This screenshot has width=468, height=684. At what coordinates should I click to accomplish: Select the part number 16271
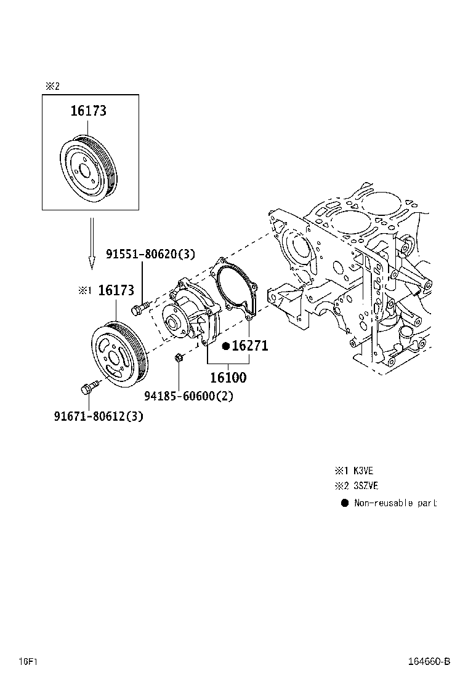[x=249, y=346]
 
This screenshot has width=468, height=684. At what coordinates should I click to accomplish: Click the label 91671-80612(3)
[x=98, y=416]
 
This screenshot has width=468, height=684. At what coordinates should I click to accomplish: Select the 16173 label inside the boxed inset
[x=88, y=111]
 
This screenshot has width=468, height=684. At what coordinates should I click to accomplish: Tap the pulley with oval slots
[x=118, y=354]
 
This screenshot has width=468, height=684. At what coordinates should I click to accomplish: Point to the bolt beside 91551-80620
[x=140, y=306]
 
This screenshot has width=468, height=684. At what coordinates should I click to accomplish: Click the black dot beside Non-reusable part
[x=344, y=503]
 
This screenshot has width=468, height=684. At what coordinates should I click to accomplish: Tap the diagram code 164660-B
[x=429, y=662]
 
